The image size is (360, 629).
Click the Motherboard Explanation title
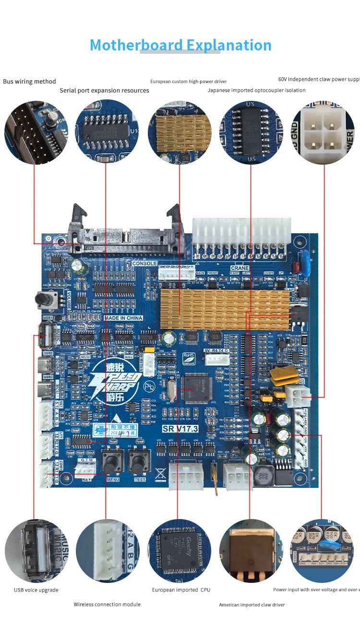(180, 45)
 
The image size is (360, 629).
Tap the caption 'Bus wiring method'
(29, 82)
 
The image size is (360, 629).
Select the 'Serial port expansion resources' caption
(104, 90)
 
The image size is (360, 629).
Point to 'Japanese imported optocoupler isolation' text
(256, 90)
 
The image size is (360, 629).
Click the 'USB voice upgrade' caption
(36, 590)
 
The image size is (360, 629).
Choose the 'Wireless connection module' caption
(107, 604)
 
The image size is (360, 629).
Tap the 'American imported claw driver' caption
(252, 605)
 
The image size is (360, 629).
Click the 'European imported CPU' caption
(181, 590)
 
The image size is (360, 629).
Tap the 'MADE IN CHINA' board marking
(123, 318)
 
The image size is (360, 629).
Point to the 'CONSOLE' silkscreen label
(144, 264)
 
